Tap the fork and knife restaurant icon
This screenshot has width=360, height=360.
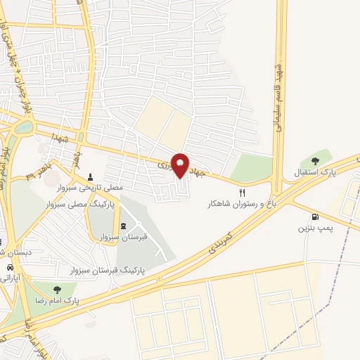(243, 192)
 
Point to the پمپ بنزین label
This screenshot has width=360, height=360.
(314, 228)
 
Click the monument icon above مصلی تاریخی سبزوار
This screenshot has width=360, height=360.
(90, 176)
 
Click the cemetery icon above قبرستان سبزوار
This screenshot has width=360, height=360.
(124, 226)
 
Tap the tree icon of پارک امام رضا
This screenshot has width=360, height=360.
(55, 289)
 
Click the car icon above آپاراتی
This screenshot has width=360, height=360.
(10, 268)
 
